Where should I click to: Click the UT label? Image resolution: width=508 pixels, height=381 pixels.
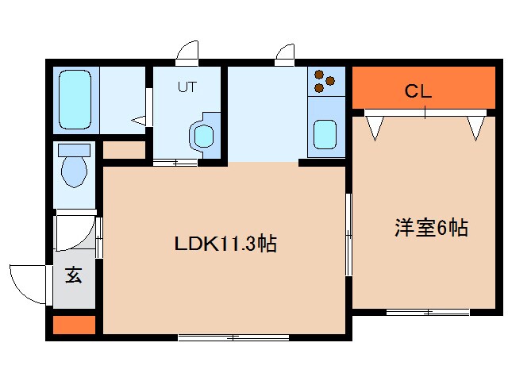(187, 87)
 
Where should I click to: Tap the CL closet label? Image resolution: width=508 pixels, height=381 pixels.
(418, 91)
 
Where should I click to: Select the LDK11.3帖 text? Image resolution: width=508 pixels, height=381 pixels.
(225, 244)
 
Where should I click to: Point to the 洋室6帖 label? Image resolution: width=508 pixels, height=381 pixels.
(431, 228)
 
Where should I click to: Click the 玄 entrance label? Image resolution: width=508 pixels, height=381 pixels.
(74, 275)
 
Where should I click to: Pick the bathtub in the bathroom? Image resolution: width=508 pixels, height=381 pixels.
(75, 100)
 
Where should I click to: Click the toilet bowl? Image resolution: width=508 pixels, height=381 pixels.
(74, 172)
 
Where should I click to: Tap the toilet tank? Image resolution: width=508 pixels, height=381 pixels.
(74, 150)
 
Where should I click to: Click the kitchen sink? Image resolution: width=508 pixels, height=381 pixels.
(325, 134)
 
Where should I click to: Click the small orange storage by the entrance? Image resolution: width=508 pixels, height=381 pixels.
(74, 325)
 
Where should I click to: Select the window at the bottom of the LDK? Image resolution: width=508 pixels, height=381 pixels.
(233, 337)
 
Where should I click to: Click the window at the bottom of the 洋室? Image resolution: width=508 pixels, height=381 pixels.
(428, 312)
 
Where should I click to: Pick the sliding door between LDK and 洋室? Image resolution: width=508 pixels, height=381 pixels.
(348, 235)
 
